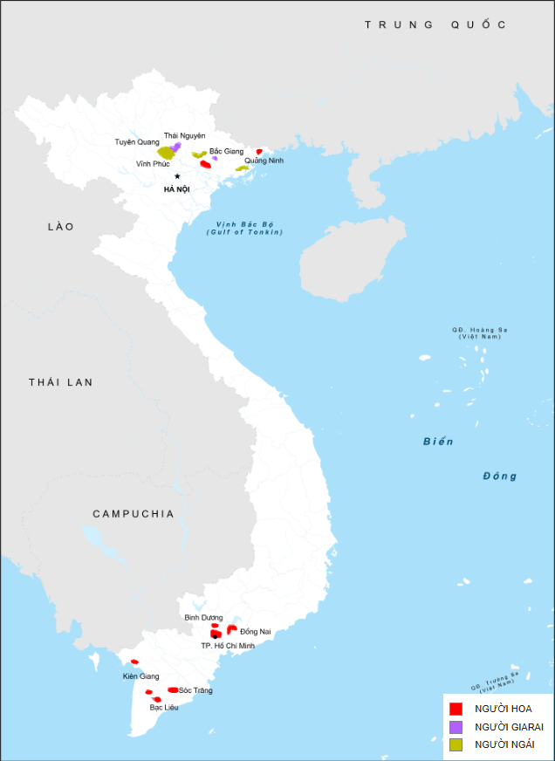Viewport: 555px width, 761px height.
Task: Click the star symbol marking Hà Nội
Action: pos(177,176)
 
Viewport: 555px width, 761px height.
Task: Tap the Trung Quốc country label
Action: pos(435,24)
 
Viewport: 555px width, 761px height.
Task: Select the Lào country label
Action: pos(61,227)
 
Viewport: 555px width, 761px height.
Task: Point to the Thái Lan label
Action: pos(60,382)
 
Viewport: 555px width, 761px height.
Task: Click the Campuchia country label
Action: pos(134,514)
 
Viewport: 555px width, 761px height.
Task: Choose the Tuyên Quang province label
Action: pos(137,141)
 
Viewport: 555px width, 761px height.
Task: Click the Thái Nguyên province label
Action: pos(184,135)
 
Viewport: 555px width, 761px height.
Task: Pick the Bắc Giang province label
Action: pos(227,151)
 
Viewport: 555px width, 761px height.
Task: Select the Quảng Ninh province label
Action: pos(264,161)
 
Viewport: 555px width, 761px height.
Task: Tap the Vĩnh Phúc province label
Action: pos(153,164)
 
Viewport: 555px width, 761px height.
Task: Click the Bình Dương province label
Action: pos(203,617)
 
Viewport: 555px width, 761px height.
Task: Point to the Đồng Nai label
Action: pos(256,631)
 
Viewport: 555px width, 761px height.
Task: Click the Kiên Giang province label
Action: pos(141,676)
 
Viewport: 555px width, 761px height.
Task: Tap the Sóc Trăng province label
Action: pos(195,690)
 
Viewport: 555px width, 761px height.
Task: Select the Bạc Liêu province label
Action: pos(164,707)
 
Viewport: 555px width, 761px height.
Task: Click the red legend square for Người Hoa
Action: pos(456,709)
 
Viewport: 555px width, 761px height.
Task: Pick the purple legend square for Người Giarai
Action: pos(456,726)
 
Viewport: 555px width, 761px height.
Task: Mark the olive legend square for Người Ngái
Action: pos(456,744)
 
